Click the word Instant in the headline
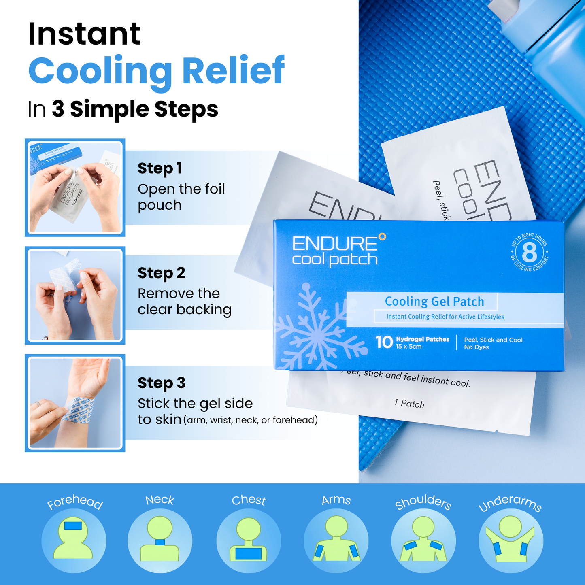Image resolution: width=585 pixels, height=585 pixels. click(x=85, y=34)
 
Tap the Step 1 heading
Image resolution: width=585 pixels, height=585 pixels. click(x=160, y=168)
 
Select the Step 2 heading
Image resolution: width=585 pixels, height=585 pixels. click(x=161, y=273)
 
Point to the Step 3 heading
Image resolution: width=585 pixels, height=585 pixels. click(x=161, y=383)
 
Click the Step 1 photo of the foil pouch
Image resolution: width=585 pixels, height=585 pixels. click(x=75, y=187)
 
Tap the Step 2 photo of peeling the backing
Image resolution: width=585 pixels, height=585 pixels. click(x=75, y=296)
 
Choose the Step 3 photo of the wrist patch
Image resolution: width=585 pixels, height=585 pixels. click(x=75, y=403)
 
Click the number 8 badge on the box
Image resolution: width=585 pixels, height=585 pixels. click(x=530, y=253)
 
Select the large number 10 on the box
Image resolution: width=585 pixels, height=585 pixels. click(x=384, y=342)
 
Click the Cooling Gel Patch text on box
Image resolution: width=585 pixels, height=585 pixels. click(x=434, y=302)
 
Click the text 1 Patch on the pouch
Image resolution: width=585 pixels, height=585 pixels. click(x=409, y=403)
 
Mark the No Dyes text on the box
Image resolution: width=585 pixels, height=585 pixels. click(x=477, y=347)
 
